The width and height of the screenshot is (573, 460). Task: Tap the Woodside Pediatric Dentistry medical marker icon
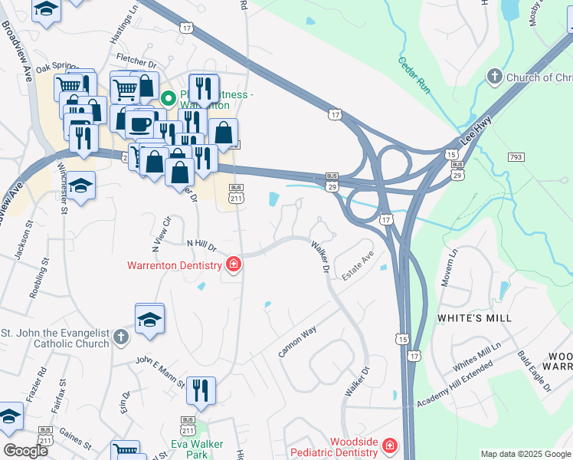click(390, 445)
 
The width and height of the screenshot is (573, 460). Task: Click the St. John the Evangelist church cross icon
click(120, 337)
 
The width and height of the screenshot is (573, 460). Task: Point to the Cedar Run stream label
click(414, 74)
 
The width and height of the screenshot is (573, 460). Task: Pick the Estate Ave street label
click(358, 264)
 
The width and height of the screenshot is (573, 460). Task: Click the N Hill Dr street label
click(202, 245)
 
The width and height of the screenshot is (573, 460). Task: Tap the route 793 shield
click(516, 156)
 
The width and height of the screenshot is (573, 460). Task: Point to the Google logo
click(25, 451)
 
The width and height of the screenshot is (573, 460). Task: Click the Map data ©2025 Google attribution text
click(525, 454)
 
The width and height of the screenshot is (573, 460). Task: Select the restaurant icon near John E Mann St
click(201, 389)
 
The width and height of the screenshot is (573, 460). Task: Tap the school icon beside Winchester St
click(79, 186)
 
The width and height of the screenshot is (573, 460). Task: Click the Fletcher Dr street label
click(136, 59)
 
